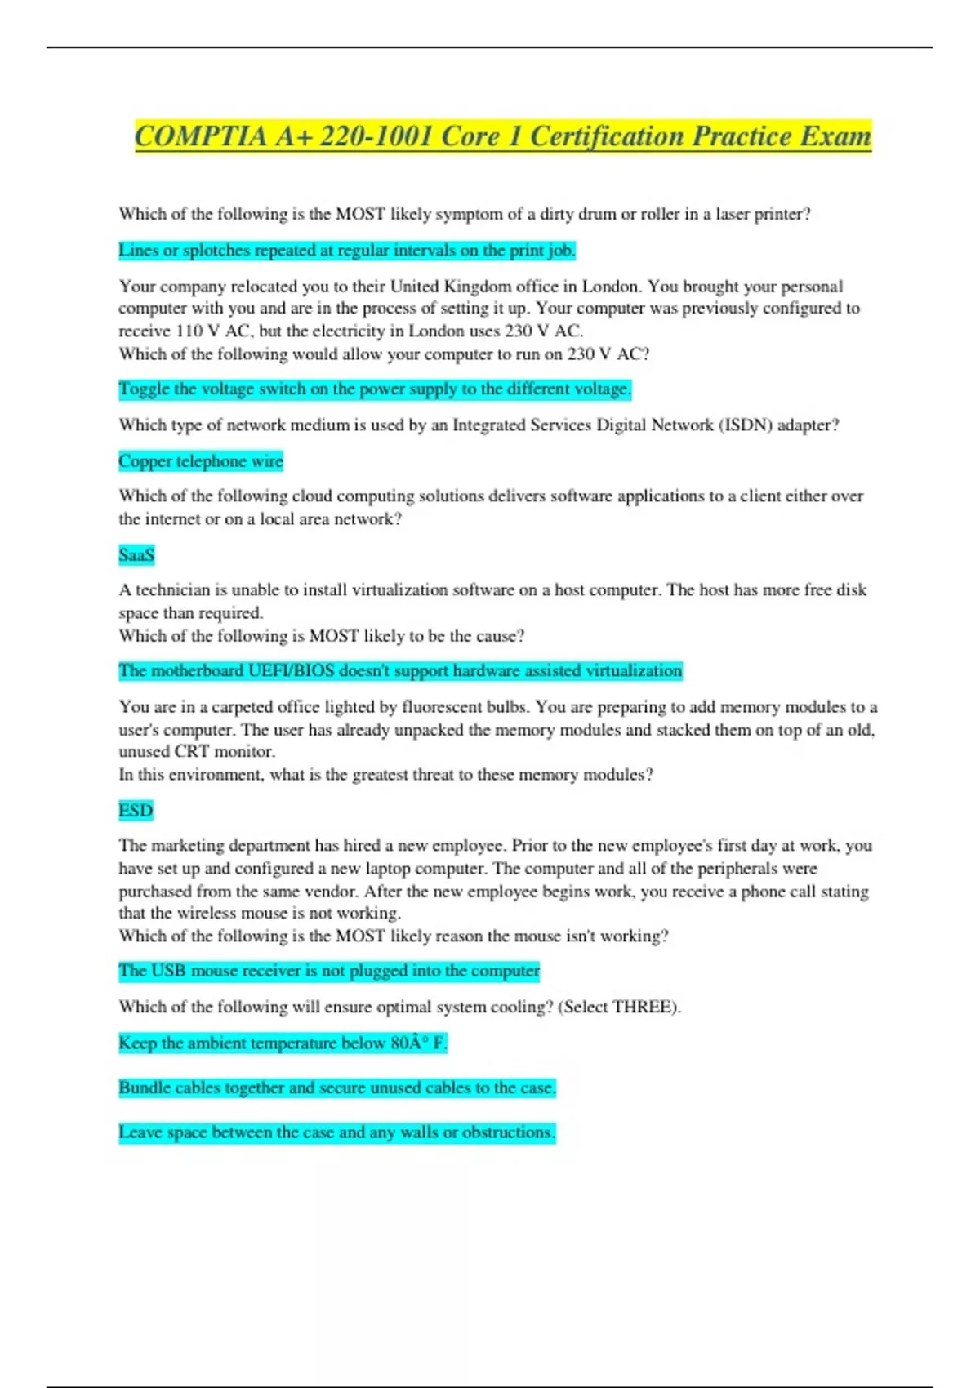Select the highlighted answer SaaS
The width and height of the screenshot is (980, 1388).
coord(136,555)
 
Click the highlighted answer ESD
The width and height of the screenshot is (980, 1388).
coord(136,810)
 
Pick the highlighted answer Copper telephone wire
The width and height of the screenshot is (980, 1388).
coord(201,461)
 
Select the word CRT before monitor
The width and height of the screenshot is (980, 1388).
coord(192,752)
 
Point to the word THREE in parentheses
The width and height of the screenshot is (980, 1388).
coord(644,1007)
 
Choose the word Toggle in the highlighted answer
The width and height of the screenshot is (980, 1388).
coord(144,389)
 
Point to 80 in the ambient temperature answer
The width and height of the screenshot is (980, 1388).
coord(399,1043)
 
